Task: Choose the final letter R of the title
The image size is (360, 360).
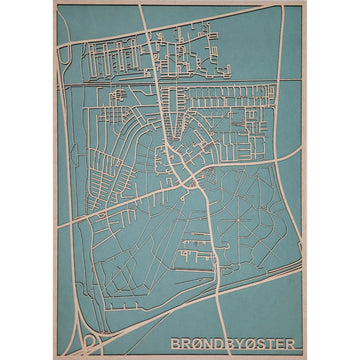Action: click(x=290, y=344)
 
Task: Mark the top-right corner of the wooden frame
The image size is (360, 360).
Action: click(x=305, y=3)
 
